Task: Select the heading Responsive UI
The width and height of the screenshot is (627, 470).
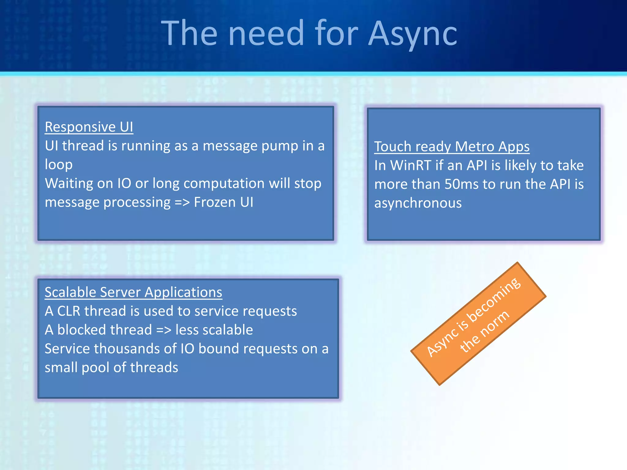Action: pos(89,127)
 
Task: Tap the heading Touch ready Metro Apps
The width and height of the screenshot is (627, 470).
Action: pos(452,146)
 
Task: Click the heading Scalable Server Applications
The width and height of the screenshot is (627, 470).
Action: pos(133,292)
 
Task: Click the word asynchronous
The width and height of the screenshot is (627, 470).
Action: pos(418,203)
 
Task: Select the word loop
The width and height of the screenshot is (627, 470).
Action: pos(58,165)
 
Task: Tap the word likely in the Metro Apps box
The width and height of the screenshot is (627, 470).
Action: pos(520,165)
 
